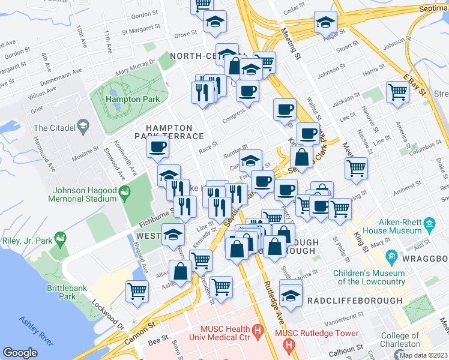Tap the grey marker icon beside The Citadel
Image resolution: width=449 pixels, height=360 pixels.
[83, 127]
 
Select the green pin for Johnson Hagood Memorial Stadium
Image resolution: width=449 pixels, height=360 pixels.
[125, 193]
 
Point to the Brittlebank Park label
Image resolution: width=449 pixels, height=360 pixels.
[70, 292]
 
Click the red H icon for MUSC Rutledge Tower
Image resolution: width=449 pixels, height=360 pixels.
[289, 345]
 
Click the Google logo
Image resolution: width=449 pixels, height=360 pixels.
[20, 353]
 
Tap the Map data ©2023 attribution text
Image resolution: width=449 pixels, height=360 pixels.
[423, 355]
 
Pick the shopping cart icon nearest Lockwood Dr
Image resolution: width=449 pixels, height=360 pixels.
[137, 290]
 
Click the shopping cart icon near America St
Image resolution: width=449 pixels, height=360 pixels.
[397, 92]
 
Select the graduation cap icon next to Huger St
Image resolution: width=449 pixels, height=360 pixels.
[325, 22]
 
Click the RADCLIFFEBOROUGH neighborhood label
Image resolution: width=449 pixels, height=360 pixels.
[354, 300]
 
